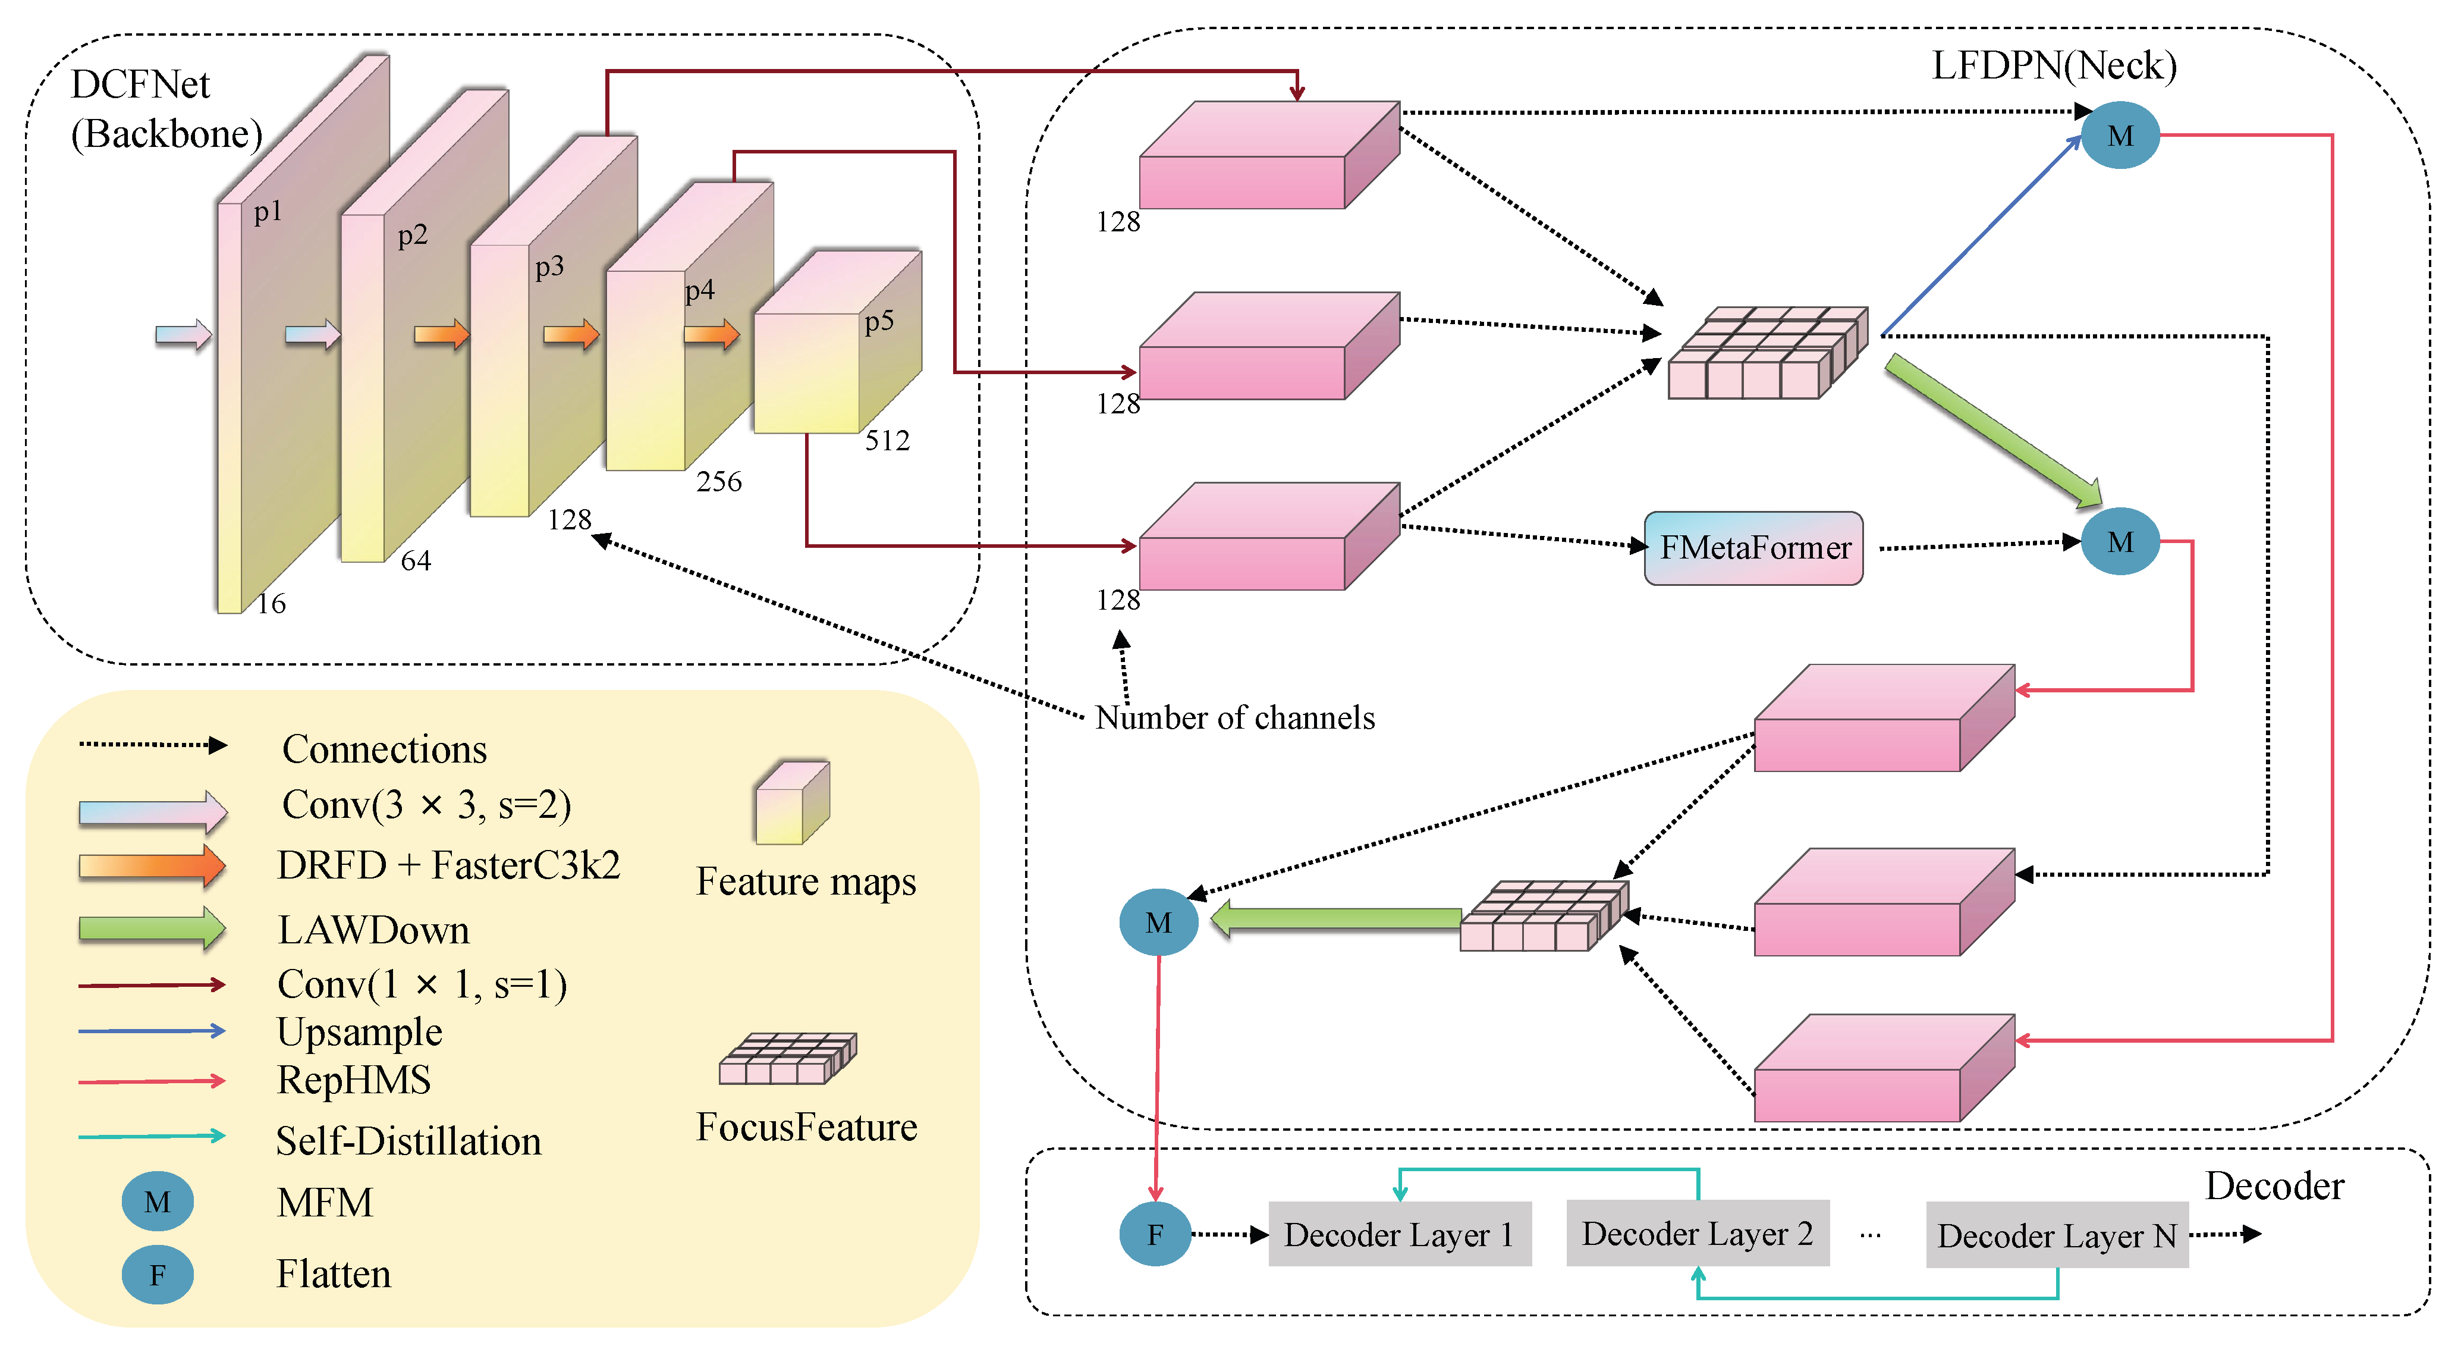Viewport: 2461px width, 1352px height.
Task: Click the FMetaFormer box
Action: point(1753,547)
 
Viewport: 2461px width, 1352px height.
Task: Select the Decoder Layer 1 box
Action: point(1398,1234)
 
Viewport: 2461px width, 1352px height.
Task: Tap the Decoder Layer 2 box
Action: point(1697,1234)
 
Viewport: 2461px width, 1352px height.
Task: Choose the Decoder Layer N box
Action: point(2056,1235)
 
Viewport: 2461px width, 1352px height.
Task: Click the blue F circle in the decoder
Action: point(1155,1234)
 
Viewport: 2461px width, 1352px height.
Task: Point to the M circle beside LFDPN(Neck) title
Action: point(2120,136)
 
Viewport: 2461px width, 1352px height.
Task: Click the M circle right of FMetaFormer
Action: point(2120,542)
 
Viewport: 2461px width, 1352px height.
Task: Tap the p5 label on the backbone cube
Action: point(879,321)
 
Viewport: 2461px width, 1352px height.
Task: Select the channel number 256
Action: point(718,482)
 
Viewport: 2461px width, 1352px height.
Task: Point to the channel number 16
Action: point(271,604)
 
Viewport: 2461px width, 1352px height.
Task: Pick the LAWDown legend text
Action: point(373,930)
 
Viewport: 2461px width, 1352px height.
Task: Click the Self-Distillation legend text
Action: point(408,1141)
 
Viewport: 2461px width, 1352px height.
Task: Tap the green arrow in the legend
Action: point(151,928)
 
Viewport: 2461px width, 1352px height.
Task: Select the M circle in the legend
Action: point(158,1202)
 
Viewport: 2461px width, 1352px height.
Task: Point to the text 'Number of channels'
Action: point(1234,717)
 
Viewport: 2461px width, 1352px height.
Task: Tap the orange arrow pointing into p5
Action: point(711,334)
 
